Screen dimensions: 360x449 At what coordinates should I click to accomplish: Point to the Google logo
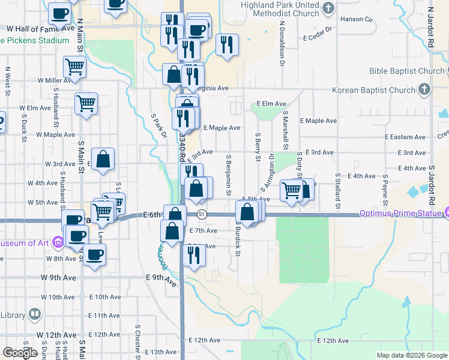pos(20,353)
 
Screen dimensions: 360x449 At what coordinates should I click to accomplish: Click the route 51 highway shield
pos(202,214)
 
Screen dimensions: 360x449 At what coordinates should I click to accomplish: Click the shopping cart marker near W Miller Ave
pos(74,67)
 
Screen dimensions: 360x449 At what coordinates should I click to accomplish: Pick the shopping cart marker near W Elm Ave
pos(86,103)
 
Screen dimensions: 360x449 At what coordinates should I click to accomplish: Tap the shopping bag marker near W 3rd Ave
pos(103,160)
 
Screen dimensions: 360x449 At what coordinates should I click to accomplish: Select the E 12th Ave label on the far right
pos(333,341)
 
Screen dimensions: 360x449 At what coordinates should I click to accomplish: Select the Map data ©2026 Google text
pos(412,355)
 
